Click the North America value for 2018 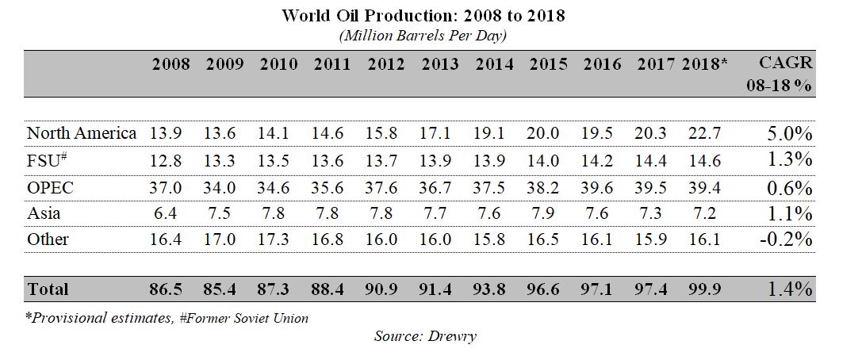[x=704, y=132]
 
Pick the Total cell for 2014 [x=494, y=289]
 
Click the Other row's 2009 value [x=220, y=239]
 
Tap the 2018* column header [x=705, y=64]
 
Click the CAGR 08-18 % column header [x=785, y=74]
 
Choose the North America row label [x=82, y=132]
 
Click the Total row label [x=48, y=289]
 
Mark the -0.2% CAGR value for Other [x=786, y=239]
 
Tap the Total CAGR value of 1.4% [x=791, y=289]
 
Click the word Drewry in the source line [x=453, y=335]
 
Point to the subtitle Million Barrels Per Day [x=423, y=36]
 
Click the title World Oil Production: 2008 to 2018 [x=423, y=16]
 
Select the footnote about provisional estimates [x=167, y=318]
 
